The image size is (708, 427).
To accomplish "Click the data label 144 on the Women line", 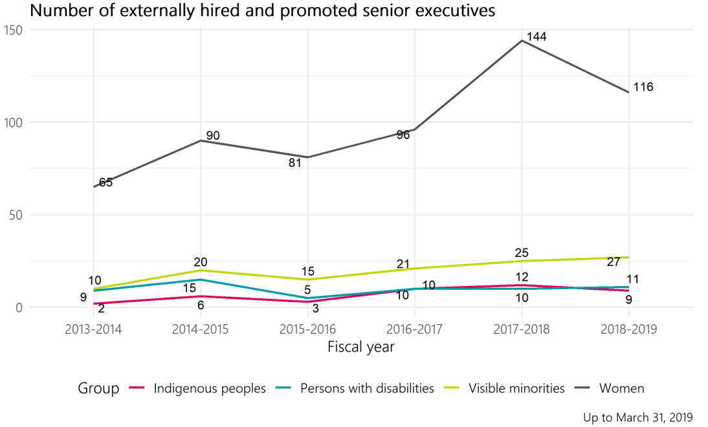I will coord(537,37).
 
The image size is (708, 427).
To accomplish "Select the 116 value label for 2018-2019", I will coord(643,87).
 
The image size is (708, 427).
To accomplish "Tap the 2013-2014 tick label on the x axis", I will coord(93,329).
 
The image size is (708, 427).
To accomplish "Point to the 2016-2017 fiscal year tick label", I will coord(415,329).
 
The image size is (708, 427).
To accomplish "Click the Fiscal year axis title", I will coord(360,347).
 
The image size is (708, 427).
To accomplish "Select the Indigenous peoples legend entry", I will coord(210,389).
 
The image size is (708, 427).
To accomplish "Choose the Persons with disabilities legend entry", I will coord(367,389).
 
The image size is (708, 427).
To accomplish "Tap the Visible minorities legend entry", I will coord(516,389).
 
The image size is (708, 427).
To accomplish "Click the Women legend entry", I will coord(621,389).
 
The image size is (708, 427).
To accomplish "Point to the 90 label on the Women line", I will coord(213,136).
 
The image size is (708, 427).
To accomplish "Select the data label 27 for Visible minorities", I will coord(614,262).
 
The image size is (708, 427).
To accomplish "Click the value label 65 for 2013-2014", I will coord(106,182).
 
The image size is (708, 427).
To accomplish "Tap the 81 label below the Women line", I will coord(295,163).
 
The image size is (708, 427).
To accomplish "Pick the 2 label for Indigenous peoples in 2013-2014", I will coord(102,309).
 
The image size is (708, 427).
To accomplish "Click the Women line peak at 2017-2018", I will coord(522,41).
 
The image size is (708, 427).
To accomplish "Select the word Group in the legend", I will coord(98,389).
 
